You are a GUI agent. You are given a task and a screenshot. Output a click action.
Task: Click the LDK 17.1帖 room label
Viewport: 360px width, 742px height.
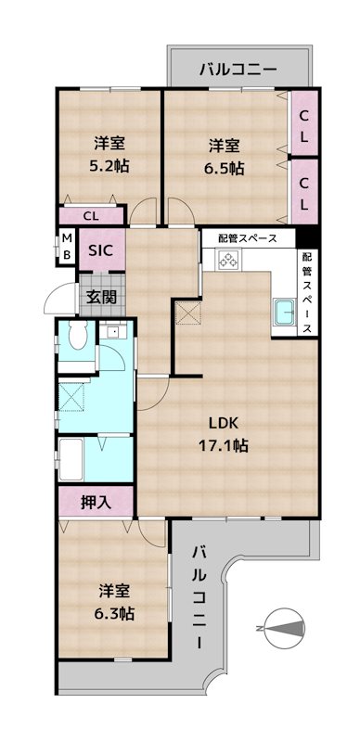(x=227, y=433)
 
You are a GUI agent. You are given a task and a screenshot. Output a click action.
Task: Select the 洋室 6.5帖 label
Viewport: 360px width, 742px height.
(x=225, y=157)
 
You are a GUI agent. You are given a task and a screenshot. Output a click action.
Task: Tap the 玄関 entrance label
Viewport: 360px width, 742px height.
(x=101, y=297)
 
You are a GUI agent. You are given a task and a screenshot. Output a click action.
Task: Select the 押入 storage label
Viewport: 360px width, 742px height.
(x=96, y=503)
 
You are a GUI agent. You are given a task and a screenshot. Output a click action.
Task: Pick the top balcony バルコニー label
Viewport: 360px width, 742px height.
(x=238, y=69)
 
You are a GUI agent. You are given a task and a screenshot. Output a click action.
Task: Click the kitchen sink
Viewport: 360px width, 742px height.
(x=282, y=314)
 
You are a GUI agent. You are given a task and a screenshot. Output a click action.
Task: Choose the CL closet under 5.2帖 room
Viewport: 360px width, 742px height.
(x=91, y=217)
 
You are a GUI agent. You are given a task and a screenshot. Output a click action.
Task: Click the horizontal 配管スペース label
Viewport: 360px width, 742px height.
(x=248, y=237)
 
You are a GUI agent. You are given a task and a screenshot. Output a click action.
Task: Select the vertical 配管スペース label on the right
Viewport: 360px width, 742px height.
(x=307, y=293)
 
